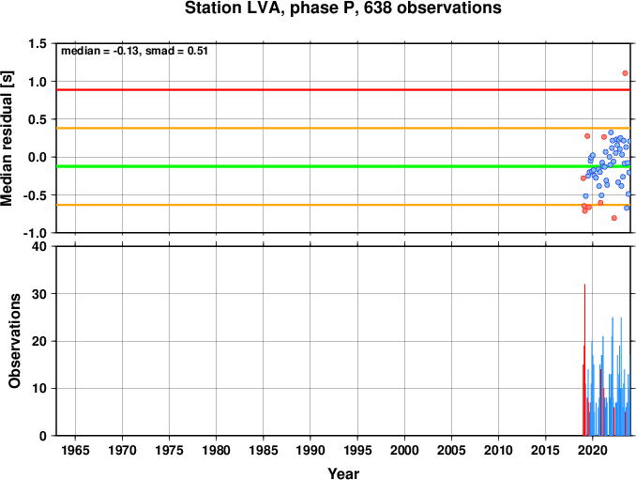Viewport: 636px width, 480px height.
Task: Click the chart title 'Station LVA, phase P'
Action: (x=272, y=8)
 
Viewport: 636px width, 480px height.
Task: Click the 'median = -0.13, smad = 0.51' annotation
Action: (x=134, y=51)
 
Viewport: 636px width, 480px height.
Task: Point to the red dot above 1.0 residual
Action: (x=625, y=73)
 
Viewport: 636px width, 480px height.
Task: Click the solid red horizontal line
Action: (x=343, y=90)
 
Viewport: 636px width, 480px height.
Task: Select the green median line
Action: (x=343, y=166)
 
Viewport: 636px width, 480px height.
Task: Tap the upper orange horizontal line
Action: (x=343, y=129)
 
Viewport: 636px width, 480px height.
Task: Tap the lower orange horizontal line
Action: (x=343, y=205)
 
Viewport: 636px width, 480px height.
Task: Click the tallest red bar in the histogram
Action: (x=584, y=360)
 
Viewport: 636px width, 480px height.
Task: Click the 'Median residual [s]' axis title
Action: (x=7, y=138)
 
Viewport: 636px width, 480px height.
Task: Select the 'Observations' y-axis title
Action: (x=14, y=341)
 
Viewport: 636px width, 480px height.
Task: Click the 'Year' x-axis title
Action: (x=343, y=473)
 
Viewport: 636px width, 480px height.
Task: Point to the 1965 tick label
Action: (x=75, y=450)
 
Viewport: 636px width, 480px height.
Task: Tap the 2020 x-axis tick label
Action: (x=593, y=450)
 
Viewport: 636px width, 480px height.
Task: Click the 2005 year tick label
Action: (x=451, y=450)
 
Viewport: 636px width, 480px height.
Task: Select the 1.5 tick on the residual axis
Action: (x=38, y=43)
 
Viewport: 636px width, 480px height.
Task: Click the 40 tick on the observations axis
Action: (x=39, y=246)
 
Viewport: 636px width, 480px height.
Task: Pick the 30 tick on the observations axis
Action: (x=39, y=294)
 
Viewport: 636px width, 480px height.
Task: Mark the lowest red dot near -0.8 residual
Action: (x=614, y=218)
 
